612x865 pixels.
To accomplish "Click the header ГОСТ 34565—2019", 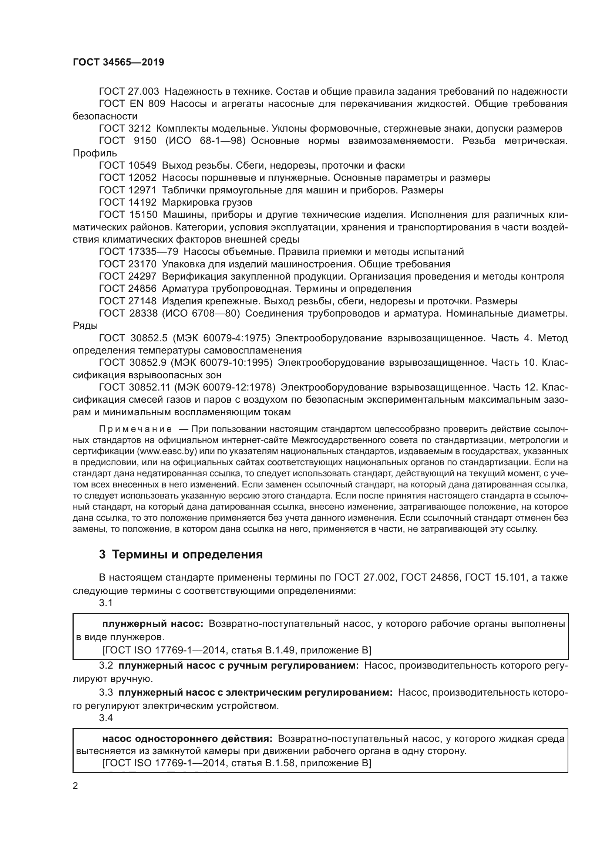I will [x=118, y=62].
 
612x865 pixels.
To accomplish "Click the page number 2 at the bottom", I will [x=75, y=786].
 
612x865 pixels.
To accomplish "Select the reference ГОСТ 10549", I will [x=127, y=165].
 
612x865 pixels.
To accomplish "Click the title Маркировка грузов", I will [x=207, y=202].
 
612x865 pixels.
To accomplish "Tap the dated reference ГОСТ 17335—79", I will [x=138, y=252].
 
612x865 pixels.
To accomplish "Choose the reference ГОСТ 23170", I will [x=127, y=264].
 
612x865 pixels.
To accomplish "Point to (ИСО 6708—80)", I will [x=202, y=314].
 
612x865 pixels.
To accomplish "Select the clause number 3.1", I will [x=106, y=603].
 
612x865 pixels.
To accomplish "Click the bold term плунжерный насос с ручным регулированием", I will [x=239, y=666].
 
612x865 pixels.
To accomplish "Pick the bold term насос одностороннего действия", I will [x=187, y=739].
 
